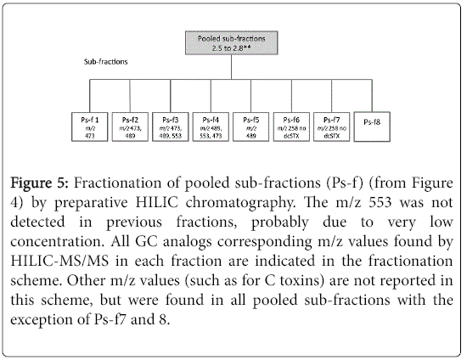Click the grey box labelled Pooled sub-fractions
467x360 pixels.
pos(232,43)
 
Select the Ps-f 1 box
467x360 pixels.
pos(90,127)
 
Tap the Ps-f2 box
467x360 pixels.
pos(130,127)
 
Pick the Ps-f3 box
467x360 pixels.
pos(171,127)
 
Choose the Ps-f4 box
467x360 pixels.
pos(211,127)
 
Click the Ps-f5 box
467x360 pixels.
pos(250,127)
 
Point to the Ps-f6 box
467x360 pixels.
pos(291,127)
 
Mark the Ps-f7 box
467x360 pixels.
pos(331,127)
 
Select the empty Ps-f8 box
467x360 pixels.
pos(372,127)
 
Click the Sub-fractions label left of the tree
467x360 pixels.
pos(106,62)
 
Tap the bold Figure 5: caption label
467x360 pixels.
pos(40,183)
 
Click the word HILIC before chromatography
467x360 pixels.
pos(157,202)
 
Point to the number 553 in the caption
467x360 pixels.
pos(380,202)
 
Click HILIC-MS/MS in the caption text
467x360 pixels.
pos(59,262)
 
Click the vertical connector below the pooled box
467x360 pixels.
pos(232,67)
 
